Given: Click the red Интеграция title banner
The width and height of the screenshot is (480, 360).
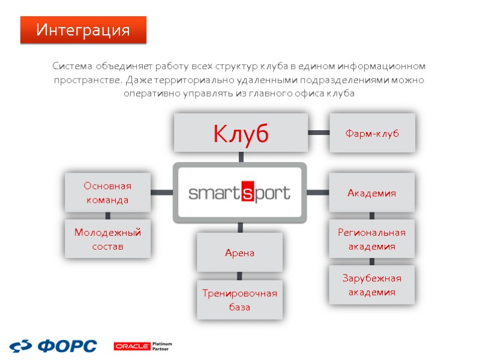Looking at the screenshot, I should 83,29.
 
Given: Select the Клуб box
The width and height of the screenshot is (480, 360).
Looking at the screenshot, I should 241,133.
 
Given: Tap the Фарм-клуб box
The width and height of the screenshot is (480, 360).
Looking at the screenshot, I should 372,133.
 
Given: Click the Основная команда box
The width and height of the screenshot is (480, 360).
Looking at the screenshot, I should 107,193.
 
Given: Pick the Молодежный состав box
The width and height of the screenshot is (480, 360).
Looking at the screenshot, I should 107,239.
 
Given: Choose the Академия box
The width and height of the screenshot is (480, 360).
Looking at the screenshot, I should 372,193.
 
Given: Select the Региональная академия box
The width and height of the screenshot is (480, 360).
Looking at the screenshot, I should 372,239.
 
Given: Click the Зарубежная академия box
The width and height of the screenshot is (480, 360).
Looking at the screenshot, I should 372,285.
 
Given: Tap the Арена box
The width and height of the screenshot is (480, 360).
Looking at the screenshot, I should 240,253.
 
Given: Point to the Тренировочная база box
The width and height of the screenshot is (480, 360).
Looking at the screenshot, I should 240,300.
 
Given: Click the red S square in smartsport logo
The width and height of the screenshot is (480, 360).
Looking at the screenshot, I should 247,193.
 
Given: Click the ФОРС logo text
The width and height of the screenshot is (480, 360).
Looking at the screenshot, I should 67,346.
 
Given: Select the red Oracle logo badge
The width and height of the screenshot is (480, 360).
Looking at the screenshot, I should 131,346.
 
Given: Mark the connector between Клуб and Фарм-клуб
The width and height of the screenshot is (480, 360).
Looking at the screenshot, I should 319,133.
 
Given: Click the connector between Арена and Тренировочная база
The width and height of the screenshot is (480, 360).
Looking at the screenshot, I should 240,276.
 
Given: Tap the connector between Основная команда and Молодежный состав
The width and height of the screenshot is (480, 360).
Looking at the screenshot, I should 107,215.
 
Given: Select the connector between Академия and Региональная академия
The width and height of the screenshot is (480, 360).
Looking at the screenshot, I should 372,215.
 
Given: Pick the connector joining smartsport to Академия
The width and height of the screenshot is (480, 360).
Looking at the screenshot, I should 318,193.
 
